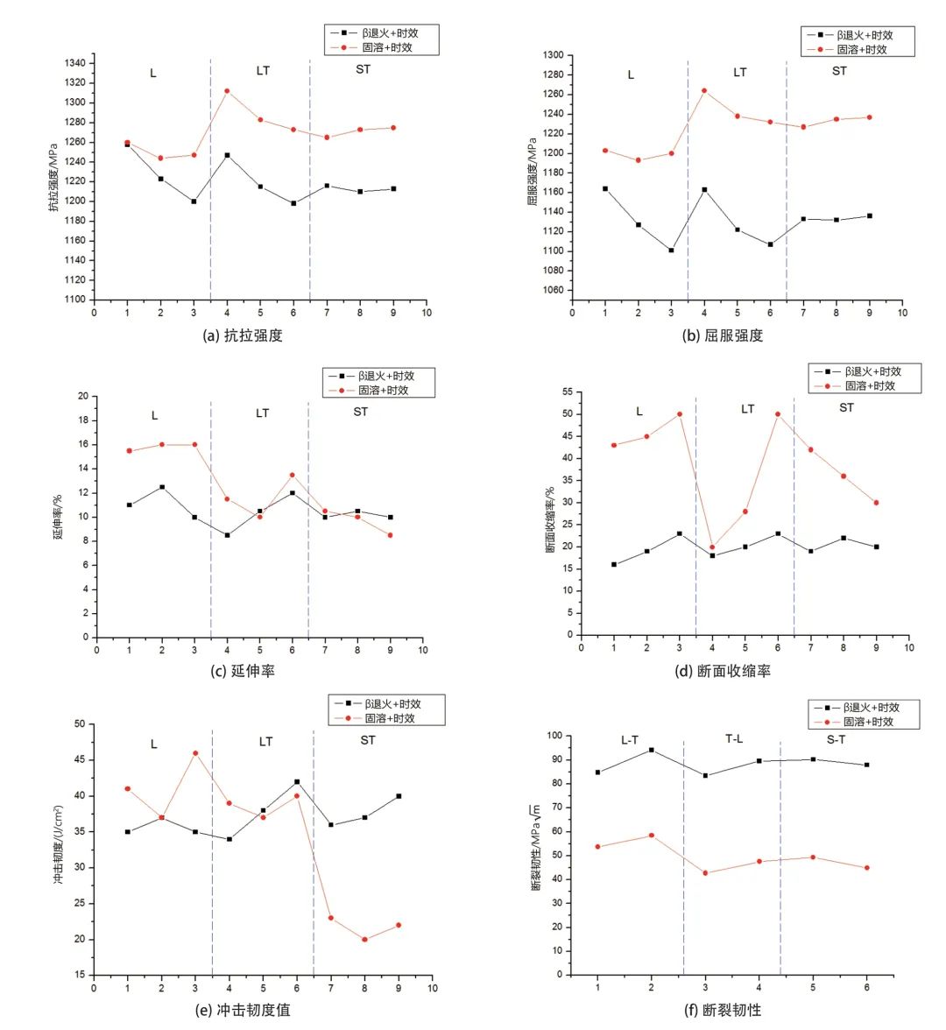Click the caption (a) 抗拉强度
pos(243,335)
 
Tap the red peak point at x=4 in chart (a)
pos(227,91)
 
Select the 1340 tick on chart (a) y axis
pos(75,63)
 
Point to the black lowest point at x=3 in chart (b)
pos(671,250)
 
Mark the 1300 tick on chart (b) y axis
pos(553,55)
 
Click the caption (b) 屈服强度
pos(723,335)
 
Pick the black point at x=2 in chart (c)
pos(162,487)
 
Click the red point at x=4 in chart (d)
pos(712,547)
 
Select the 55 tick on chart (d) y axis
pos(567,392)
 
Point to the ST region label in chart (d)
pos(846,407)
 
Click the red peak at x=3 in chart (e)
pos(195,753)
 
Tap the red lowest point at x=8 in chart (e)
pos(364,940)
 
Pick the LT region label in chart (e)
pos(265,742)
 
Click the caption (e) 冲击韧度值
pos(243,1010)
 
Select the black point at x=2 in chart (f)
pos(651,750)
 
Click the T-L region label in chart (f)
pos(734,739)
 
